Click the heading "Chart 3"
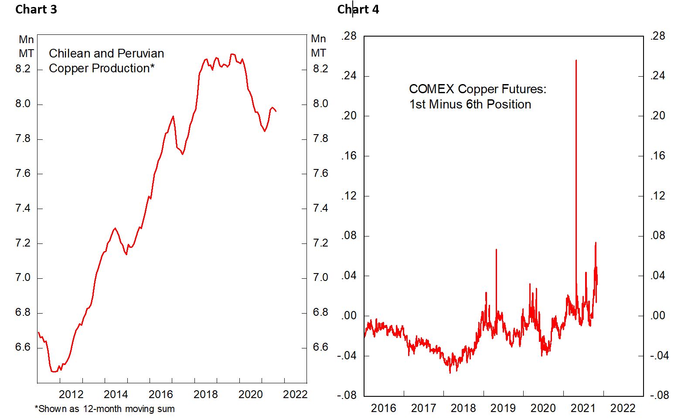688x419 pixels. tap(36, 10)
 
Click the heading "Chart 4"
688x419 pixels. tap(358, 10)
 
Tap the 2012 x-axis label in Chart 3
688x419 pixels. tap(71, 395)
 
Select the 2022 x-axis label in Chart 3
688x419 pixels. tap(295, 395)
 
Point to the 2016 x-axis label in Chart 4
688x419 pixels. tap(383, 408)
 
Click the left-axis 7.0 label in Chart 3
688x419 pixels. tap(23, 278)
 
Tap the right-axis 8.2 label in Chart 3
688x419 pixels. tap(320, 69)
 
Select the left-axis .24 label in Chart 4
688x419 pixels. tap(348, 76)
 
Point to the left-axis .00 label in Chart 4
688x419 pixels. tap(348, 315)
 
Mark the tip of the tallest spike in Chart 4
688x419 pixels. tap(576, 61)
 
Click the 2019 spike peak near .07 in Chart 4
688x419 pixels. tap(496, 250)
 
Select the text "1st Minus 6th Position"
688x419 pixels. tap(470, 105)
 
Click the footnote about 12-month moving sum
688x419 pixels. tap(105, 409)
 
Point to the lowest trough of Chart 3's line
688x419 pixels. tap(54, 372)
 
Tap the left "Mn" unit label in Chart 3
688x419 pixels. tap(26, 40)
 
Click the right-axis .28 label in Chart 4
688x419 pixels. tap(657, 36)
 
